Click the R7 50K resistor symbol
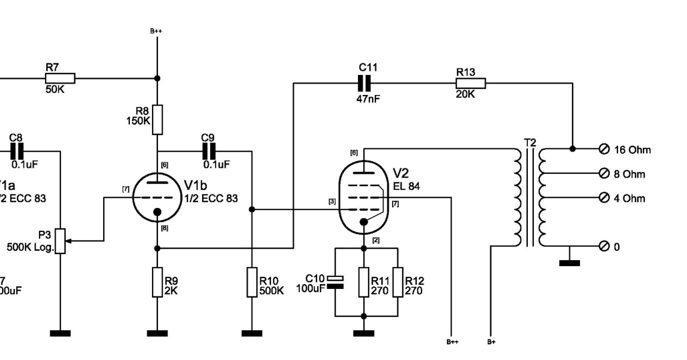pyautogui.click(x=60, y=78)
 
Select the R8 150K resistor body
pyautogui.click(x=157, y=119)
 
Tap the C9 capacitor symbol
pyautogui.click(x=209, y=151)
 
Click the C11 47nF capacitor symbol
pyautogui.click(x=364, y=83)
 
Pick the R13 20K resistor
pyautogui.click(x=470, y=83)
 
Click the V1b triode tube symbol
pyautogui.click(x=157, y=198)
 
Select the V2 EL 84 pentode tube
pyautogui.click(x=364, y=198)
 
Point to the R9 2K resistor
pyautogui.click(x=157, y=282)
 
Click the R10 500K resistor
pyautogui.click(x=251, y=282)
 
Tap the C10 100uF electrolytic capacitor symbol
pyautogui.click(x=336, y=282)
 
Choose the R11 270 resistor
pyautogui.click(x=364, y=282)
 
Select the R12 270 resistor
pyautogui.click(x=398, y=282)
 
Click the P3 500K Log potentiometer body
pyautogui.click(x=61, y=241)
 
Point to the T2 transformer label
pyautogui.click(x=530, y=143)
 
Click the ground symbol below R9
pyautogui.click(x=157, y=333)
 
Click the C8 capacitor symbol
pyautogui.click(x=18, y=151)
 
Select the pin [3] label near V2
pyautogui.click(x=331, y=201)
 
